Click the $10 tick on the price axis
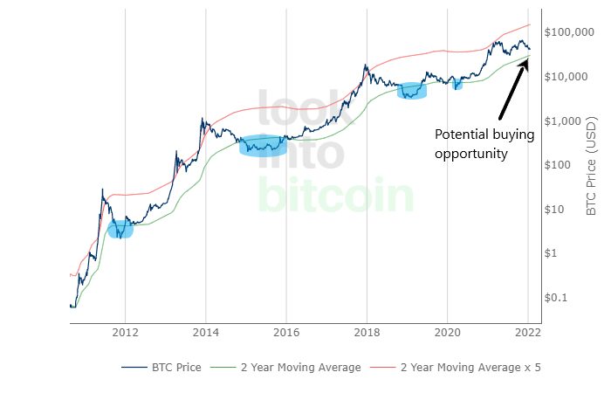click(x=559, y=210)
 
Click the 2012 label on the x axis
click(x=125, y=332)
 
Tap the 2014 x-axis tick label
click(x=206, y=332)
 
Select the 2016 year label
click(x=286, y=332)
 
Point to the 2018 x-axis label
click(x=367, y=332)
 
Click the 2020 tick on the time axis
click(x=447, y=332)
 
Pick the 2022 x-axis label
click(x=527, y=332)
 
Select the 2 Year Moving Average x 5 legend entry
click(x=470, y=368)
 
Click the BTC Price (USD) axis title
click(x=591, y=165)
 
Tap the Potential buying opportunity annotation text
click(x=472, y=143)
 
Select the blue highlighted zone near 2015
click(x=263, y=145)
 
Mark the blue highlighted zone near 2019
click(x=412, y=91)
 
